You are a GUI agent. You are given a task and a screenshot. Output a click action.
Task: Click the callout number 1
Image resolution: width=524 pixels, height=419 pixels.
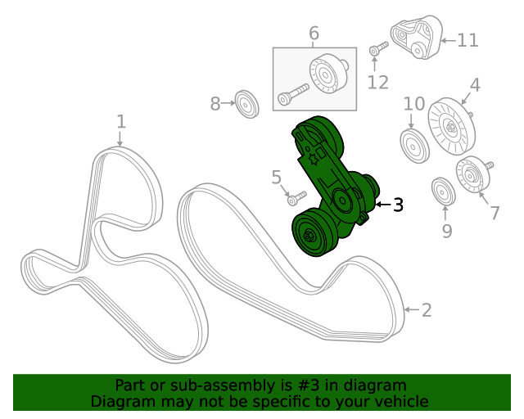(121, 122)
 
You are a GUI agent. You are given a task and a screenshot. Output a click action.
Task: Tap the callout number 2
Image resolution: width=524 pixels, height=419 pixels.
(427, 309)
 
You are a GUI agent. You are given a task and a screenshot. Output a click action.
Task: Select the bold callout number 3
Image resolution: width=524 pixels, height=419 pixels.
(398, 205)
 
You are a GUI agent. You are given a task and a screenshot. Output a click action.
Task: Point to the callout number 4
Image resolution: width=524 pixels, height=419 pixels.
(474, 84)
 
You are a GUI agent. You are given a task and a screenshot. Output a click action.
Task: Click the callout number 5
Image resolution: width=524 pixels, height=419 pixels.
(276, 177)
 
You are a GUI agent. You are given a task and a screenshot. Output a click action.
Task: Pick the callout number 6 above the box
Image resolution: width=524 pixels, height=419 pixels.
(314, 34)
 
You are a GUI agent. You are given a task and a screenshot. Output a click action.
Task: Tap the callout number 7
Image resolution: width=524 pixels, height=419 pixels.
(495, 214)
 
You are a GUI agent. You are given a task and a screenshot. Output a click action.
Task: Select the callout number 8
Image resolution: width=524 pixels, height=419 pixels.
(215, 104)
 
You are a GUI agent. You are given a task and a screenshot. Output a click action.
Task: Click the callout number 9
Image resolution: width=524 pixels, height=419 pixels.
(447, 232)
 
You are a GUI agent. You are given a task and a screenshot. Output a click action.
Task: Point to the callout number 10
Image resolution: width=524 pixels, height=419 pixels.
(414, 104)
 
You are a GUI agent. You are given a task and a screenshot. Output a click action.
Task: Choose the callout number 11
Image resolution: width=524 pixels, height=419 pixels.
(468, 39)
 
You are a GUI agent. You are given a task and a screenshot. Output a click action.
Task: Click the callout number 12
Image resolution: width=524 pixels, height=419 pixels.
(377, 82)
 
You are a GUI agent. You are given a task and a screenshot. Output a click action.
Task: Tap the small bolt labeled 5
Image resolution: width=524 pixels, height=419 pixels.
(296, 197)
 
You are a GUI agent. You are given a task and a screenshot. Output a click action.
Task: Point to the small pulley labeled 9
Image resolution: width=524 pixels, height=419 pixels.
(443, 192)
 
